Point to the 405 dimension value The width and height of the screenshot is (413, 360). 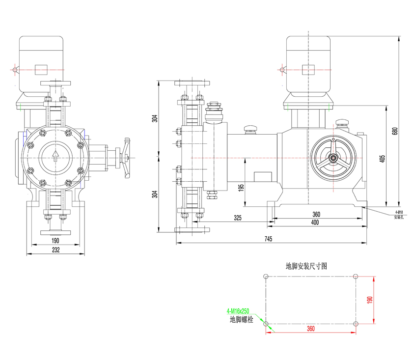[383, 159]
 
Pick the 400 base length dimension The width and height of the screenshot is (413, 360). [315, 222]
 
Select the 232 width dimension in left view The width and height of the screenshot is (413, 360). [55, 250]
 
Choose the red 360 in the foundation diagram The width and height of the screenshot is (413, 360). [310, 329]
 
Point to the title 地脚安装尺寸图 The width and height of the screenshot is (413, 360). [306, 266]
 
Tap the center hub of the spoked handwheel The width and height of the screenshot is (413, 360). [333, 158]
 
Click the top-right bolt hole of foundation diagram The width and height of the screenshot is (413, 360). [356, 277]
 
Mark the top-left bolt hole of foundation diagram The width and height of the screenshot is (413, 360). [266, 277]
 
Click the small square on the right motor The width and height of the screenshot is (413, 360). [308, 69]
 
